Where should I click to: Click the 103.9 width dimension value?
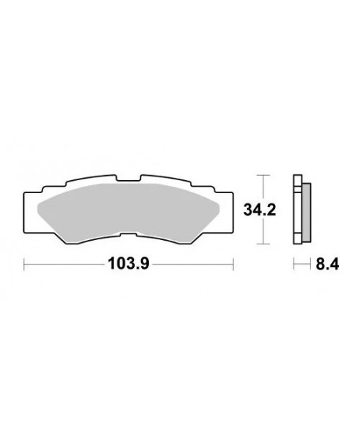[x=127, y=264]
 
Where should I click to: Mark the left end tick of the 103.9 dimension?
[x=24, y=264]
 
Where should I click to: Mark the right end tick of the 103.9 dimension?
[x=233, y=264]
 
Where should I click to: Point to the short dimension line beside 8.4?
[x=302, y=264]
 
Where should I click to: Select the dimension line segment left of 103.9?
[x=65, y=264]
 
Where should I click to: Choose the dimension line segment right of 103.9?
[x=191, y=264]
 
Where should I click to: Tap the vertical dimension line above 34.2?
[x=265, y=187]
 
